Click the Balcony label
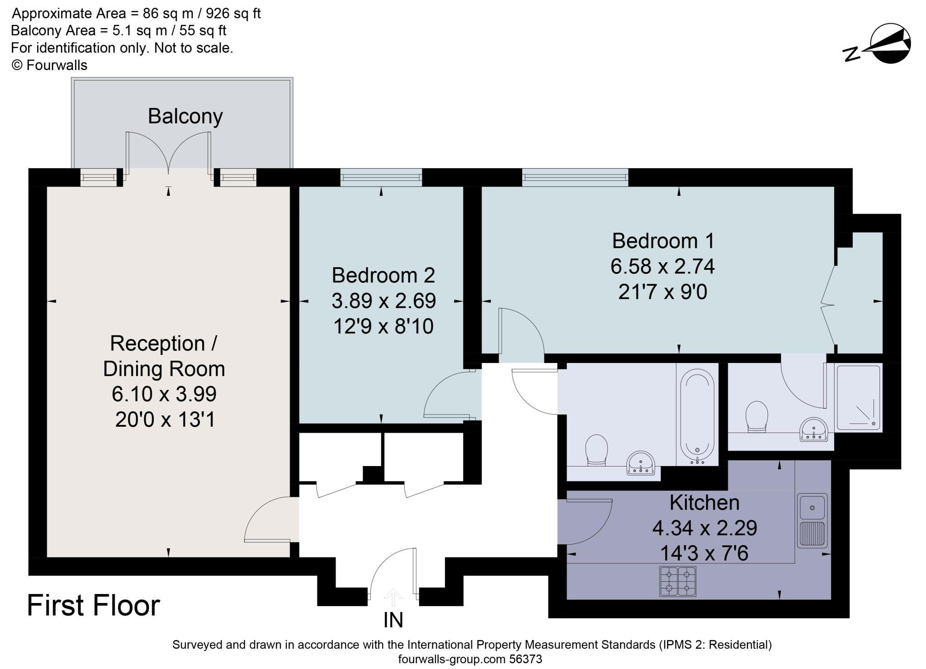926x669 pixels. (x=185, y=116)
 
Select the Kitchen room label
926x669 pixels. (x=704, y=502)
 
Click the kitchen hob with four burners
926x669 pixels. (x=677, y=581)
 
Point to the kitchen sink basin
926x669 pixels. (x=812, y=507)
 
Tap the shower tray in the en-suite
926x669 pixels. (x=858, y=397)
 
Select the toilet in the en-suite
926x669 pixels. (x=756, y=416)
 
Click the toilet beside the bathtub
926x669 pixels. (x=596, y=449)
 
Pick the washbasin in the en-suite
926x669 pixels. (x=813, y=429)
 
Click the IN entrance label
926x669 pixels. (x=393, y=620)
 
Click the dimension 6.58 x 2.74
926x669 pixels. (x=662, y=266)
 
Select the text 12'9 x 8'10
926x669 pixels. (x=383, y=326)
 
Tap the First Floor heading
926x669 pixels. (x=94, y=606)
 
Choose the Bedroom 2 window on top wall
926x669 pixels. (x=381, y=178)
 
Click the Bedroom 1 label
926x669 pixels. (x=663, y=241)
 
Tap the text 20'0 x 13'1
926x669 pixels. (x=165, y=420)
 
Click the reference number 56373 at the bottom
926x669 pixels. (x=525, y=659)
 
